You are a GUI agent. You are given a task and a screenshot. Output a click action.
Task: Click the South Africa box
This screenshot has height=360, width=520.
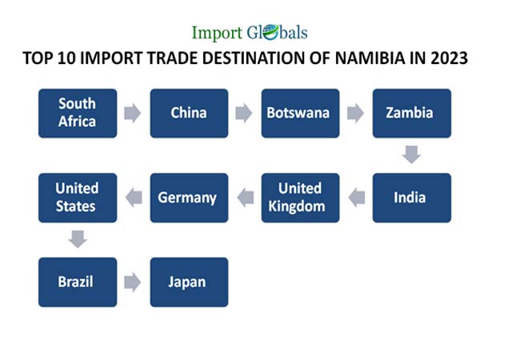[78, 113]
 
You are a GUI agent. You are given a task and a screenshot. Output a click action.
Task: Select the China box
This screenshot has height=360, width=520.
[189, 113]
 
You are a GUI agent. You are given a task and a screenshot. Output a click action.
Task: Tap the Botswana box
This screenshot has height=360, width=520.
[300, 113]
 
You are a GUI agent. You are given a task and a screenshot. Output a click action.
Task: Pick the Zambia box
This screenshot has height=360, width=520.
[411, 113]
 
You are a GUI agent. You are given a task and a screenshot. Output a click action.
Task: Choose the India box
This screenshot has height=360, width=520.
[411, 198]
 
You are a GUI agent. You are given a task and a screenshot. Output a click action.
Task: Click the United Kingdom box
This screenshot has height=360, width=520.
[300, 198]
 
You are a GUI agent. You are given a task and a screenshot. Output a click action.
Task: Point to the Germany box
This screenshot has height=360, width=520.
[189, 198]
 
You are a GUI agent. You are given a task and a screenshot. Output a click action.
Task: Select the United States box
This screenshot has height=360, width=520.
[78, 198]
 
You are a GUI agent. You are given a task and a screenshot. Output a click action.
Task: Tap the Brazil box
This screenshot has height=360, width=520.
[78, 282]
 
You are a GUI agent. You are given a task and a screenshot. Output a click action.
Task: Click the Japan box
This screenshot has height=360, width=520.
[189, 282]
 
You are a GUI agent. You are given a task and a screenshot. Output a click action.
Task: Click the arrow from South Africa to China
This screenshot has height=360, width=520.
[132, 113]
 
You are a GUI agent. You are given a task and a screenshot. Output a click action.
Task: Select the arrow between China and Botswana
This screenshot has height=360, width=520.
[244, 113]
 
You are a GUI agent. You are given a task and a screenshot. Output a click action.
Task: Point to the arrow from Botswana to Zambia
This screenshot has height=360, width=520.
[355, 113]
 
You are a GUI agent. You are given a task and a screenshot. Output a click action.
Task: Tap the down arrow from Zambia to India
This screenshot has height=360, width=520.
[411, 154]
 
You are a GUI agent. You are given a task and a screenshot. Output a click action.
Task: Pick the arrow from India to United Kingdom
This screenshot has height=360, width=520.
[357, 198]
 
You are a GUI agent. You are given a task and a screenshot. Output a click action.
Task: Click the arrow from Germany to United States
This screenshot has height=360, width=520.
[134, 198]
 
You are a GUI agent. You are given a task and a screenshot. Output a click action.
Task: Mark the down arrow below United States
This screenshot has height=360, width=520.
[78, 239]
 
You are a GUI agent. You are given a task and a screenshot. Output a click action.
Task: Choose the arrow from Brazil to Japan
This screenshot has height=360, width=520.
[132, 282]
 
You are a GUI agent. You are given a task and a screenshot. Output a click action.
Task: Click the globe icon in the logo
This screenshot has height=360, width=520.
[271, 33]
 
